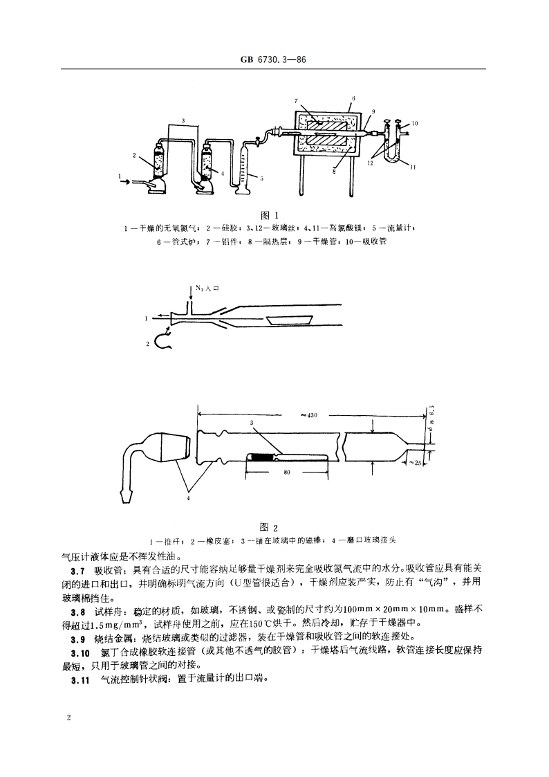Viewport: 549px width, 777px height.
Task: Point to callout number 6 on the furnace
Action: click(353, 99)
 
